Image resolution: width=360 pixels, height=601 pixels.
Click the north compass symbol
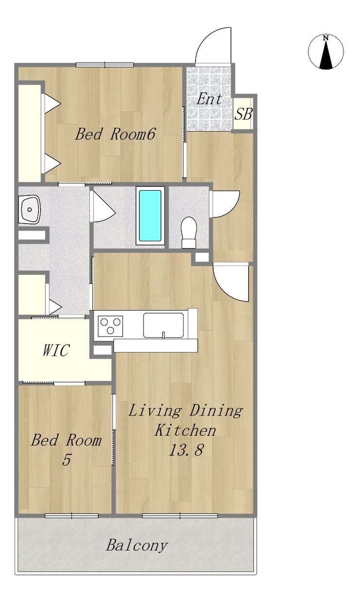click(326, 52)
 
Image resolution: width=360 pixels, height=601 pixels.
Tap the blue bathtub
click(150, 215)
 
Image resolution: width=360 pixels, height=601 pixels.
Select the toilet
click(189, 232)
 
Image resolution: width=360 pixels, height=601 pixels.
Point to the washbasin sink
click(29, 209)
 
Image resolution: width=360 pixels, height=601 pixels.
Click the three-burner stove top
click(110, 326)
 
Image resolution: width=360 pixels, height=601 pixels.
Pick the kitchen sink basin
click(163, 325)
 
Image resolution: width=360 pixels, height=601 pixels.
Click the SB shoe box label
click(243, 114)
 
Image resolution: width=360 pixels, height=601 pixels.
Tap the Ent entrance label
click(209, 99)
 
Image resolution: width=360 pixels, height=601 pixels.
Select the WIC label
click(56, 350)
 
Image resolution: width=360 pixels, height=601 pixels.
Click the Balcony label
click(137, 545)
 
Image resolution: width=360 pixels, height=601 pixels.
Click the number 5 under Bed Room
click(66, 460)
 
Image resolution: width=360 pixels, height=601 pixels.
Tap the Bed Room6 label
click(115, 134)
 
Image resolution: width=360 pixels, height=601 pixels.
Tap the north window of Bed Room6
click(105, 65)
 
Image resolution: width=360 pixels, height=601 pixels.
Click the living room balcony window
click(180, 516)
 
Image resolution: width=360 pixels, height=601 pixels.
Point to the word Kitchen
click(185, 430)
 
